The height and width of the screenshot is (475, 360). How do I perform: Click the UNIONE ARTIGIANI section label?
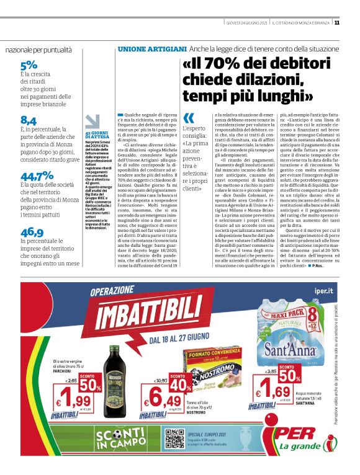[x=152, y=48]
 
